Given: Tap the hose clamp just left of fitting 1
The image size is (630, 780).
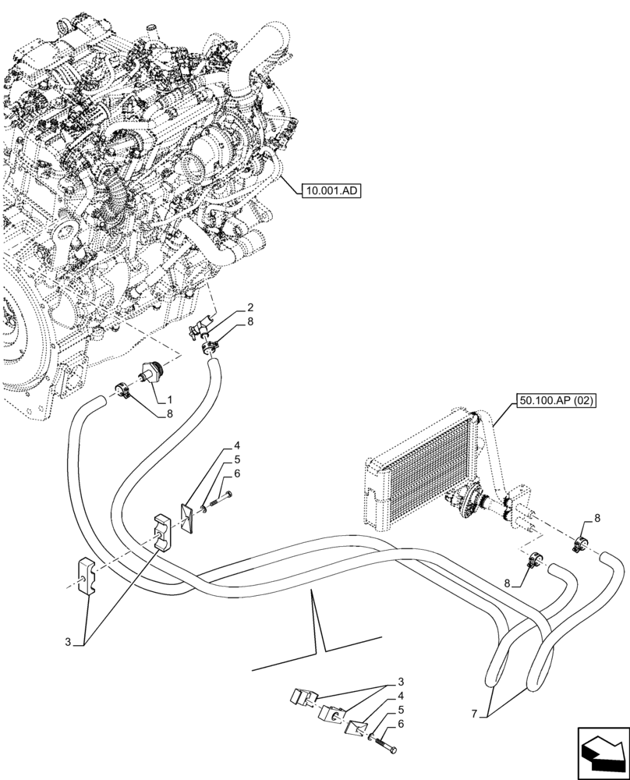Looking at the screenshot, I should pos(122,388).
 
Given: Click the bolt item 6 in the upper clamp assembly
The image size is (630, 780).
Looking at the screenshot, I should pos(221,499).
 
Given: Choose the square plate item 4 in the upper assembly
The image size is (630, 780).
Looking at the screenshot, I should pos(189,517).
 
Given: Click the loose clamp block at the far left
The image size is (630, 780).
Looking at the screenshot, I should pos(87,577).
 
